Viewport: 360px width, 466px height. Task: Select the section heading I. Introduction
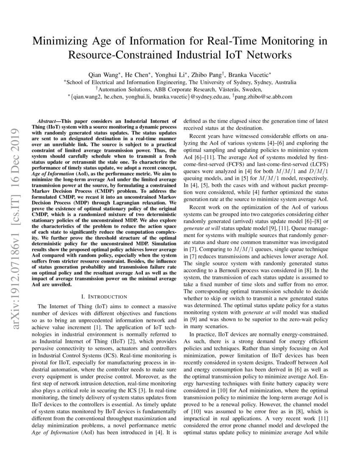click(104, 296)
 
